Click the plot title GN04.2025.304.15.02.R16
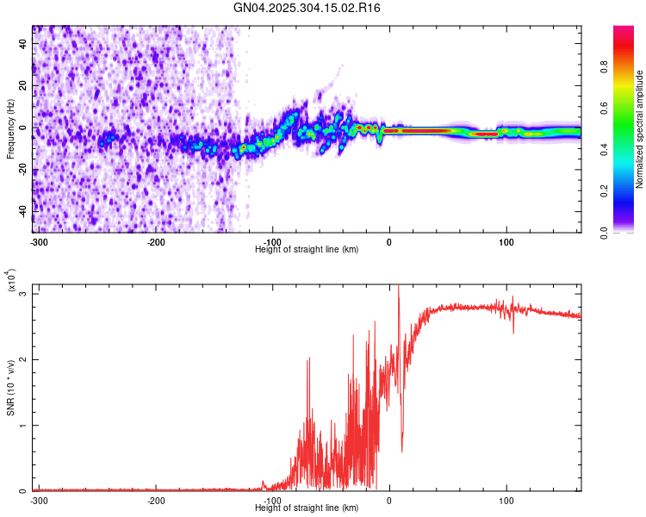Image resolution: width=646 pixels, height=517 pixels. (x=307, y=8)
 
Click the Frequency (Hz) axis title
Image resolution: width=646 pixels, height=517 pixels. (x=10, y=129)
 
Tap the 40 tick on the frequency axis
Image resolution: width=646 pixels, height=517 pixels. (x=23, y=45)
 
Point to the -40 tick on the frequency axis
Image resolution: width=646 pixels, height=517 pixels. (x=21, y=211)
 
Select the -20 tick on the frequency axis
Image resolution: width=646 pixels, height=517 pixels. (x=21, y=170)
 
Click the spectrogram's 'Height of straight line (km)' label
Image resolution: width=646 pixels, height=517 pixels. (x=307, y=249)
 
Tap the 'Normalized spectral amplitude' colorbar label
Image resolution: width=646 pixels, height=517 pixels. (x=640, y=129)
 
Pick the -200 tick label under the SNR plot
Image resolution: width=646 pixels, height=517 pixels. (x=156, y=500)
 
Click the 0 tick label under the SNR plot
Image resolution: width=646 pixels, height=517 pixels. (x=389, y=500)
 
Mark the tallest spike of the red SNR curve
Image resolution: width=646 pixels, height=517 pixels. (x=398, y=288)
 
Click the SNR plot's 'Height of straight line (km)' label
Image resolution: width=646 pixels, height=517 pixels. (x=307, y=508)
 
